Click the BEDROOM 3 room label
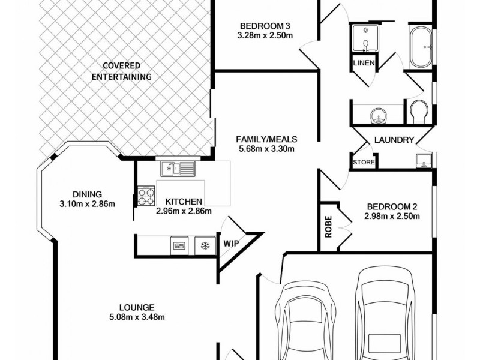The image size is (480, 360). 265,26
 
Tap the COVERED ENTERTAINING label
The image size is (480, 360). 121,71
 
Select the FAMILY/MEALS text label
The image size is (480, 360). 266,139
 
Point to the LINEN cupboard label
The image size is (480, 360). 364,63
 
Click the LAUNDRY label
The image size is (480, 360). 394,140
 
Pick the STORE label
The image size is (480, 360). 364,161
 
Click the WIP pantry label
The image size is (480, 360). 231,244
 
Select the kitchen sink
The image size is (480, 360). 178,169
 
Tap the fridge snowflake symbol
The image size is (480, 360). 205,245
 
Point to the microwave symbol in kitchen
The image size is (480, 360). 179,245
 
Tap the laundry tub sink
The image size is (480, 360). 424,160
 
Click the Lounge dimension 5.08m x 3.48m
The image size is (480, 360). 137,317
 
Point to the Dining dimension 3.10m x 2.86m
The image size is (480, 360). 87,203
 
